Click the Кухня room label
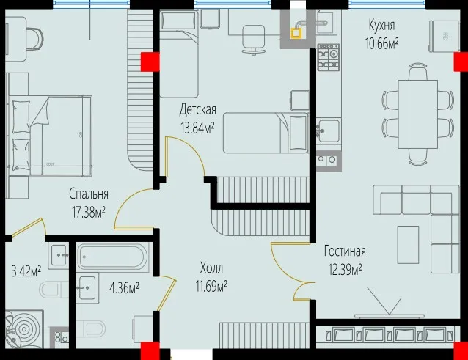click(381, 26)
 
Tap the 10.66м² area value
click(382, 44)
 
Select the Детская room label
click(197, 110)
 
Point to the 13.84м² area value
click(197, 128)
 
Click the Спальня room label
click(89, 194)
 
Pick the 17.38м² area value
click(88, 213)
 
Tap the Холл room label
click(211, 268)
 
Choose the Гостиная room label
click(345, 251)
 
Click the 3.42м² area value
click(26, 272)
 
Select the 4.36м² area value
click(124, 288)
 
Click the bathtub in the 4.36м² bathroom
click(112, 257)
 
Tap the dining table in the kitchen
click(418, 114)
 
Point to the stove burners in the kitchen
click(329, 57)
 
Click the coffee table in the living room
click(408, 245)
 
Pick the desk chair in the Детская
click(253, 40)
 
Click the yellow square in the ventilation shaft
click(296, 32)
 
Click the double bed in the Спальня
click(50, 135)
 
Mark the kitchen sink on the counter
click(328, 131)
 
